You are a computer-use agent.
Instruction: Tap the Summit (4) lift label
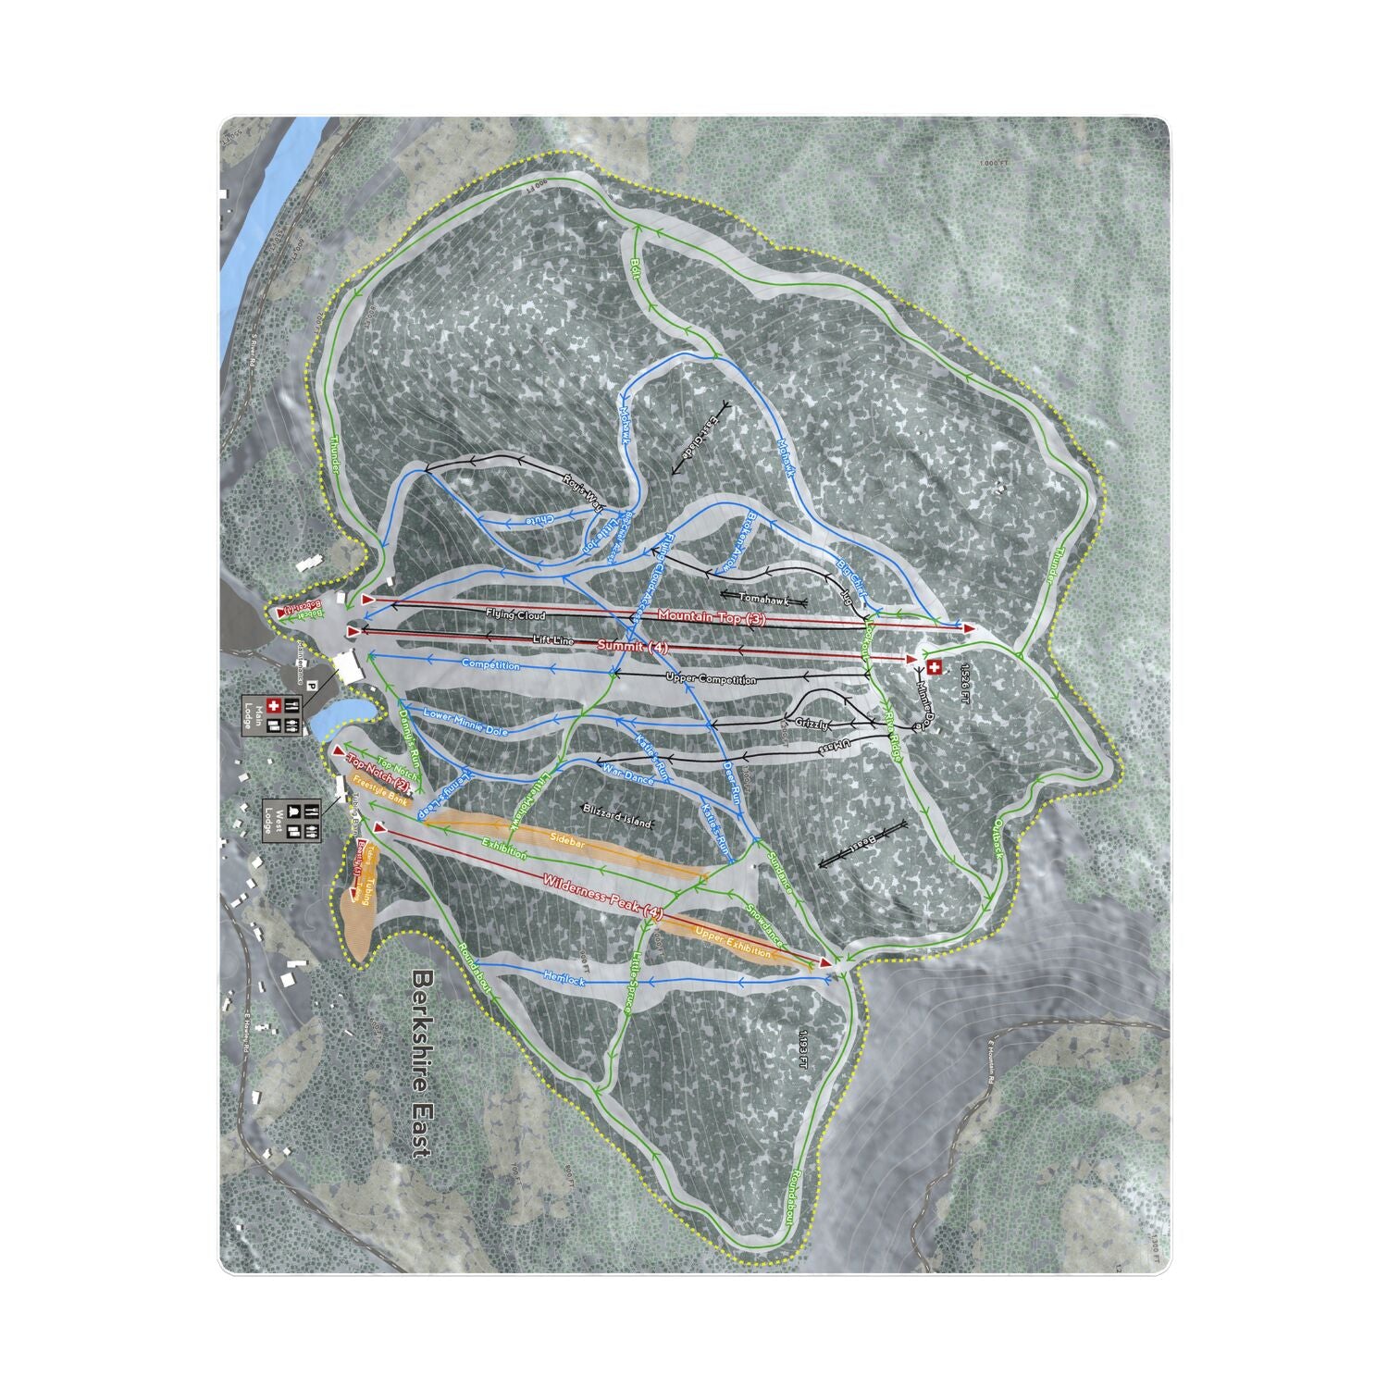coord(633,645)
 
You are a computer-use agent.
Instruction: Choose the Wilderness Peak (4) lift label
coord(603,897)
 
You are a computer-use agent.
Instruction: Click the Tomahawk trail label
coord(761,598)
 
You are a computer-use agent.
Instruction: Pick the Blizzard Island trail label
coord(618,822)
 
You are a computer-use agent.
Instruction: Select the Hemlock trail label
coord(564,978)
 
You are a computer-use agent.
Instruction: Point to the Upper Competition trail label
coord(711,679)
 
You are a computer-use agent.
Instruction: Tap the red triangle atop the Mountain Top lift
coord(970,627)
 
